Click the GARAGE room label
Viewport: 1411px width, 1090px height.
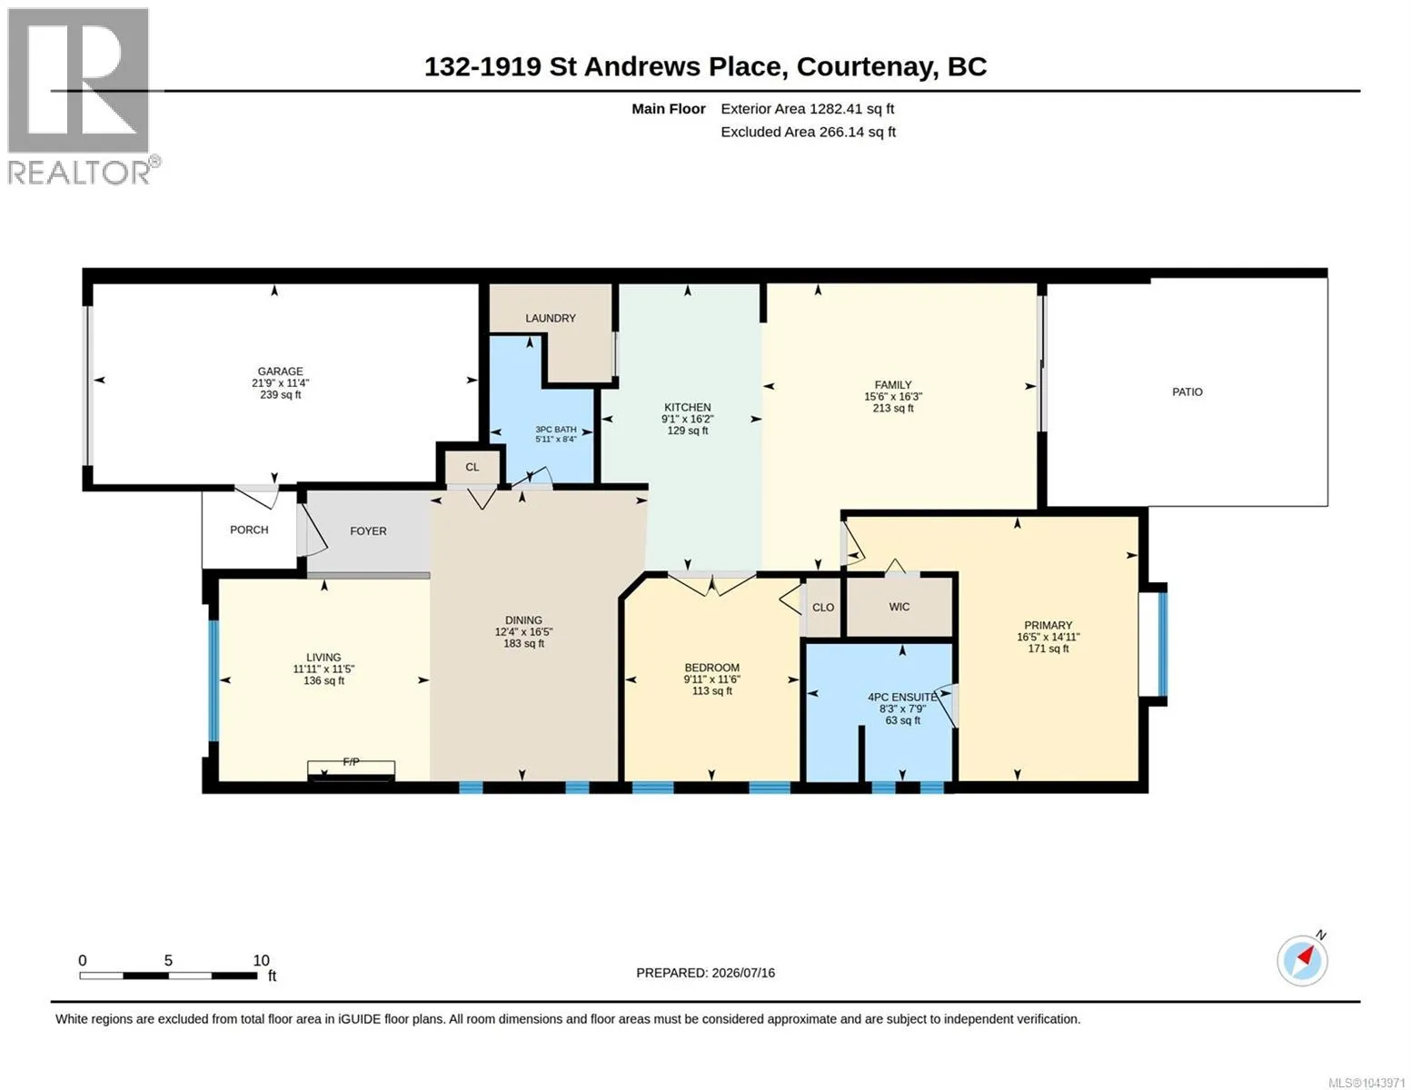coord(280,372)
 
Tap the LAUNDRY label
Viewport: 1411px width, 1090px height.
coord(550,318)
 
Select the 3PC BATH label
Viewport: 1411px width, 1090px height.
coord(555,429)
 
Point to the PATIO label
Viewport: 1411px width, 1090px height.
coord(1187,392)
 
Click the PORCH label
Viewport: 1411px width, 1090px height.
coord(249,530)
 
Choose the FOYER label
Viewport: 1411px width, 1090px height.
coord(368,531)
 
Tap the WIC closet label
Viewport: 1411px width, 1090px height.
coord(899,607)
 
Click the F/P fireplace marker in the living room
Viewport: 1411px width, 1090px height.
coord(351,762)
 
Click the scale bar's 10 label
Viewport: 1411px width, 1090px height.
coord(261,961)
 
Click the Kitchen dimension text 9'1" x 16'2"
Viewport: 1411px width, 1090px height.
coord(687,420)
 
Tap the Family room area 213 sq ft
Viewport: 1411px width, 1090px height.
coord(893,409)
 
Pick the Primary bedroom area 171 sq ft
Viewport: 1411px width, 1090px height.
coord(1048,649)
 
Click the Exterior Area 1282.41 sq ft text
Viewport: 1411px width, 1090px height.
coord(807,109)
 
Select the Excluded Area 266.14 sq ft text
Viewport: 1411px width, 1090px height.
coord(808,132)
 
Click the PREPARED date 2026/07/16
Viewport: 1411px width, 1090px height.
coord(743,973)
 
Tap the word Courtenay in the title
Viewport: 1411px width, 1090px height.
coord(867,67)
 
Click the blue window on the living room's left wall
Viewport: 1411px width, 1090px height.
coord(213,680)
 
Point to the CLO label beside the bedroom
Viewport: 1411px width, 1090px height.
coord(822,608)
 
